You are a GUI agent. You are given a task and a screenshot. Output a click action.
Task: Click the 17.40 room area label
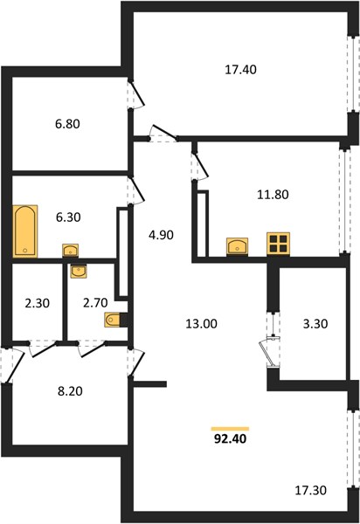[240, 70]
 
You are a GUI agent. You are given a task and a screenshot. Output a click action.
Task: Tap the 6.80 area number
[67, 124]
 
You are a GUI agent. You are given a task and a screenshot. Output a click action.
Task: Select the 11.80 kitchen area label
[273, 195]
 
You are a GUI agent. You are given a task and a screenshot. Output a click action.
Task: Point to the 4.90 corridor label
[161, 235]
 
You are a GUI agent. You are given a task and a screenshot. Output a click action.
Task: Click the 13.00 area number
[201, 324]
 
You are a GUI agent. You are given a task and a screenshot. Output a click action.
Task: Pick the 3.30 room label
[315, 324]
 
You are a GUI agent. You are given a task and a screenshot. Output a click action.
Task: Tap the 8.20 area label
[70, 391]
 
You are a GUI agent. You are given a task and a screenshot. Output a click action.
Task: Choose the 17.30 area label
[310, 491]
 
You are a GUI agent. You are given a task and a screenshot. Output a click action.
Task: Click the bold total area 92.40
[230, 438]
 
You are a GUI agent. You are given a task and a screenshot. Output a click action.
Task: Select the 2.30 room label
[37, 303]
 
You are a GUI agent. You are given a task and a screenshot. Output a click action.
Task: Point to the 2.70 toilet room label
[95, 303]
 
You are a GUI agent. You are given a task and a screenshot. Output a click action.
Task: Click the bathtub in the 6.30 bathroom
[25, 231]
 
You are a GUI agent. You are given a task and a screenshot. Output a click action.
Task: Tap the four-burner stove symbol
[278, 244]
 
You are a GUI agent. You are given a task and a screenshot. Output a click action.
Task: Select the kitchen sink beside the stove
[237, 246]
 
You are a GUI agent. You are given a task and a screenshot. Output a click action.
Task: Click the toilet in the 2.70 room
[113, 321]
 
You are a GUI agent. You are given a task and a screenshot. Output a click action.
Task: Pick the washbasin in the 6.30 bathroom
[70, 251]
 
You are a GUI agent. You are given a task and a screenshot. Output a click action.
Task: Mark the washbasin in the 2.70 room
[79, 271]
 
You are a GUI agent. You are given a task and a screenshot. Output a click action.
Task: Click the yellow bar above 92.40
[230, 429]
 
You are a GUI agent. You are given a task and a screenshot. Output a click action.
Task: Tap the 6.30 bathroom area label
[68, 217]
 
